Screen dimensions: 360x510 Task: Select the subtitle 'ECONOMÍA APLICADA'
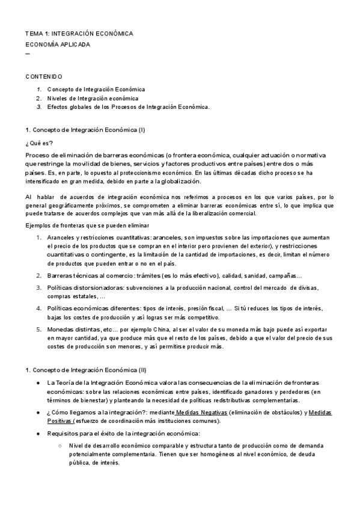click(x=58, y=45)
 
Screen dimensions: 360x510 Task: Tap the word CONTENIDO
click(x=43, y=77)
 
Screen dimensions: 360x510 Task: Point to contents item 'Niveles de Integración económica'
click(x=93, y=98)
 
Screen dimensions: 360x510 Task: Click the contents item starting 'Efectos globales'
click(x=128, y=107)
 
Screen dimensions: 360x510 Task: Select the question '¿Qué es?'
click(x=39, y=143)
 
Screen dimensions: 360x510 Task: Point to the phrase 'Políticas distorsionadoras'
click(x=83, y=288)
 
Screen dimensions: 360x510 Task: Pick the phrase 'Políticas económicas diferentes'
click(x=93, y=309)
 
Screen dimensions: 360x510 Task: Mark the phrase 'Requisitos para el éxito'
click(x=81, y=433)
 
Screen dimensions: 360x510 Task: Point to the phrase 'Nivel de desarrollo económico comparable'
click(x=126, y=446)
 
